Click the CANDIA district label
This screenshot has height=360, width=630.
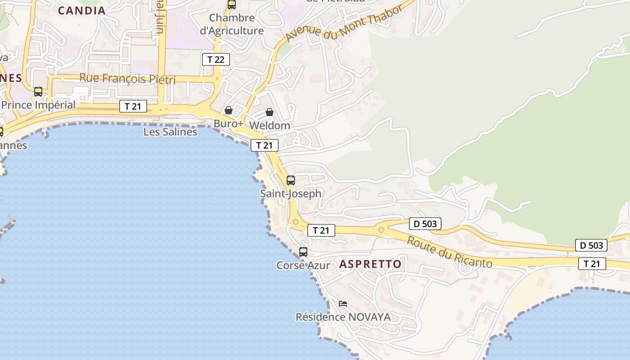82,10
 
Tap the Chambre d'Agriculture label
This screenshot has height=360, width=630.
232,24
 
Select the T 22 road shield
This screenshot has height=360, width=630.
216,59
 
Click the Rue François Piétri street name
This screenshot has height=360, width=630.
127,78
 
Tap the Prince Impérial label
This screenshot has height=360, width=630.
38,105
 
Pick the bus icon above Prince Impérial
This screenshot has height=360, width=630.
38,92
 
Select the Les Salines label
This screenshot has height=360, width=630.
170,132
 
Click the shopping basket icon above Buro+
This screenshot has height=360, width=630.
229,110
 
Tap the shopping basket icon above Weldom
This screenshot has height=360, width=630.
270,112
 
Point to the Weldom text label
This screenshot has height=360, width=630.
270,125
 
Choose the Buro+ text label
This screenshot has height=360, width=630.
229,123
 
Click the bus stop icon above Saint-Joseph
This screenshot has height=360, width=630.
291,180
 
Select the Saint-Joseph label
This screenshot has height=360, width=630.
291,193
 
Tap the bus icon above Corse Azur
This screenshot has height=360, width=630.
303,252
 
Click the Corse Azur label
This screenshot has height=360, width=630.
303,265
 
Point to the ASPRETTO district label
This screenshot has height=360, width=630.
370,264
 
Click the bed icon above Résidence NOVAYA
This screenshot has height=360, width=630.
343,304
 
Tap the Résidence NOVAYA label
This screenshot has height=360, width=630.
343,317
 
